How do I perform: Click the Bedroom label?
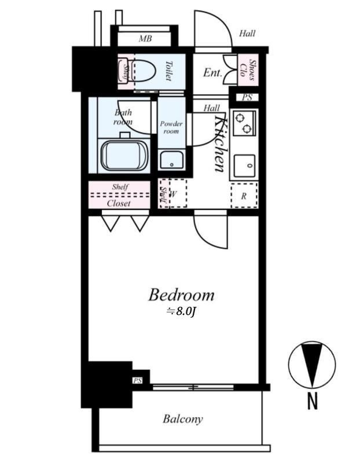coord(181,295)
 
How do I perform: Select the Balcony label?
coord(182,419)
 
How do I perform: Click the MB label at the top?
coord(145,39)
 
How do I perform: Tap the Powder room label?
coord(171,127)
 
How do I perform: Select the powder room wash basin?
coord(172,160)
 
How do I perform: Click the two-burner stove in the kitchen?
coord(244,122)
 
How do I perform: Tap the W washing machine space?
coord(173,194)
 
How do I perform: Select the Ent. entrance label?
coord(213,73)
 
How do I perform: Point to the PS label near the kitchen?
coord(247,97)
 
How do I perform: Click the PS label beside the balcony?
coord(137,380)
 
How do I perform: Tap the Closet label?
coord(119,203)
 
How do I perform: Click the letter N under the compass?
coord(313,400)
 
